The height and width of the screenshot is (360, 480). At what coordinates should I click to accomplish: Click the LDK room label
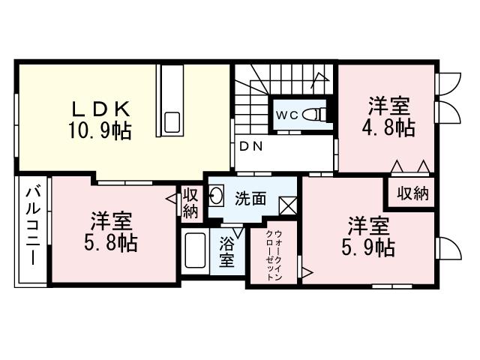tap(103, 106)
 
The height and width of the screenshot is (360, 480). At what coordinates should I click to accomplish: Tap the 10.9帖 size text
tap(102, 131)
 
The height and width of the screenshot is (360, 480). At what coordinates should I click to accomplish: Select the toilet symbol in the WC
tap(319, 115)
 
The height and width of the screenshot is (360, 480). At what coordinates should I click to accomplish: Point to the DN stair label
tap(250, 147)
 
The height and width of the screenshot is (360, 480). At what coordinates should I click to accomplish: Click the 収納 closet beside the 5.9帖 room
tap(412, 193)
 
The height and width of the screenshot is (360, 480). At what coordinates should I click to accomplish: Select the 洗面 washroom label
tap(250, 199)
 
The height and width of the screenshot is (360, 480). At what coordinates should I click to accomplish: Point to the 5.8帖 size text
tap(112, 244)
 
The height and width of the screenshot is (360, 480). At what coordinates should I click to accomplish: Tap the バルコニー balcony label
tap(32, 223)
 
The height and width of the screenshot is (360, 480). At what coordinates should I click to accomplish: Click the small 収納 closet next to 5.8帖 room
tap(190, 203)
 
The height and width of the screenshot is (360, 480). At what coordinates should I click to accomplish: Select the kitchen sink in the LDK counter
tap(172, 121)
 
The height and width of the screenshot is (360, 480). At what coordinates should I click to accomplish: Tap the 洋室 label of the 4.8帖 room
tap(388, 104)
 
